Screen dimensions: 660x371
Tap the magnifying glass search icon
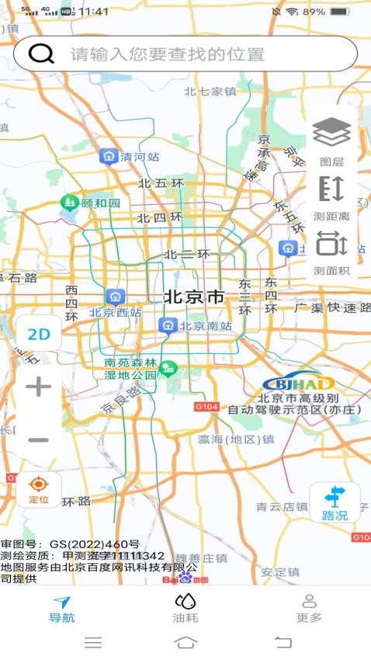[x=41, y=54]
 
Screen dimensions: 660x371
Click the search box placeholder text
[x=168, y=54]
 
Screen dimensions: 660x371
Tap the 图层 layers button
[x=331, y=141]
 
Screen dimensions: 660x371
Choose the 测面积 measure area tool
[x=331, y=252]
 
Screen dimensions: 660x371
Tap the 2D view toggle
[x=38, y=335]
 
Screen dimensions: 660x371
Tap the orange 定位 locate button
[x=38, y=491]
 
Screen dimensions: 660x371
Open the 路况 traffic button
[x=335, y=502]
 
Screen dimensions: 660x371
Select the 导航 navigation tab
[x=61, y=609]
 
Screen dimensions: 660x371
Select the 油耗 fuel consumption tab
[x=185, y=609]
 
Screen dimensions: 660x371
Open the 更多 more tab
[x=309, y=609]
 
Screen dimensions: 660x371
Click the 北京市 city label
[x=194, y=297]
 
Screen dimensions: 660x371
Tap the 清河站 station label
[x=140, y=157]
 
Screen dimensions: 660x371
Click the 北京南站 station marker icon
[x=168, y=325]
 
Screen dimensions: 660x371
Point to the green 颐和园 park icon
[x=70, y=203]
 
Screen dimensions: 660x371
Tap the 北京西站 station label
[x=116, y=313]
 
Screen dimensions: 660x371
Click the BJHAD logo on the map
[x=298, y=384]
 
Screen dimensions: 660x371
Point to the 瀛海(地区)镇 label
[x=236, y=439]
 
